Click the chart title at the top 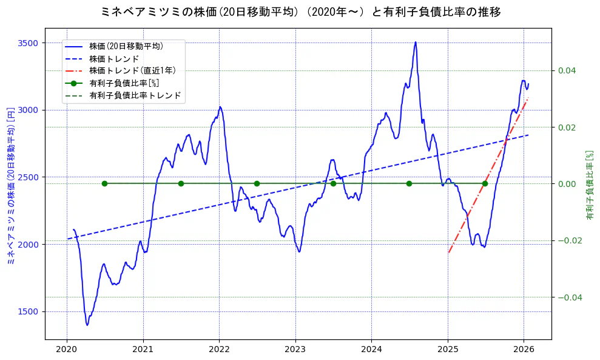[300, 12]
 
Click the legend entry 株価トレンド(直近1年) [126, 70]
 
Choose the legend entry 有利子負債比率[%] [124, 83]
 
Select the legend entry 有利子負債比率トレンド [135, 96]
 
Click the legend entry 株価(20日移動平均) [126, 45]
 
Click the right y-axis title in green [589, 185]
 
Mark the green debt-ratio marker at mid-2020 [104, 183]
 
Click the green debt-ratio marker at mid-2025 [485, 183]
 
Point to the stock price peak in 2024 [416, 42]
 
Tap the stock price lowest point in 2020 [87, 325]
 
